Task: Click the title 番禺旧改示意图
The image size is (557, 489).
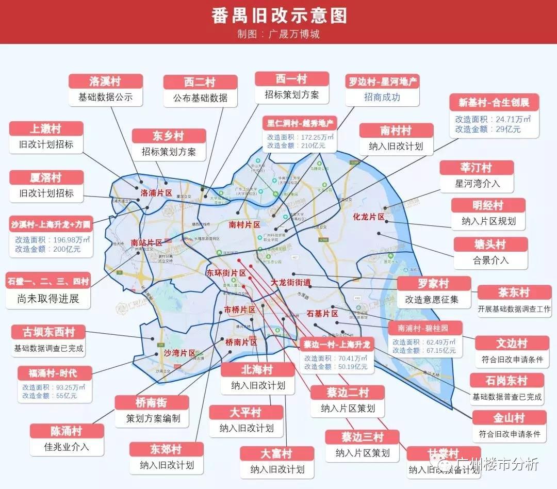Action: [x=278, y=15]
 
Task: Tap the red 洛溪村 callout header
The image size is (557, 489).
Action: [x=105, y=81]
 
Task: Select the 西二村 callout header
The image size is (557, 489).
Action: [x=200, y=83]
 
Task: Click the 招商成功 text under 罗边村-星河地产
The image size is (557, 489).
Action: [x=382, y=97]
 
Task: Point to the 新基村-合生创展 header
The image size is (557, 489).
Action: [x=494, y=102]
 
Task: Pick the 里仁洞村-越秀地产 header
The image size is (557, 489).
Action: [x=300, y=124]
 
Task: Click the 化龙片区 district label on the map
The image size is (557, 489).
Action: [x=369, y=217]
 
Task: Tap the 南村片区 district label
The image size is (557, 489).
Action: [x=244, y=225]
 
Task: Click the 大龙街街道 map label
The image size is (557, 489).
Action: [x=291, y=283]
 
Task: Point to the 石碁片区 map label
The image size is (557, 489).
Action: [x=322, y=314]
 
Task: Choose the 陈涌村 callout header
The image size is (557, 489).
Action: [x=67, y=431]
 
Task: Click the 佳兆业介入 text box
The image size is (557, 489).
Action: [x=67, y=447]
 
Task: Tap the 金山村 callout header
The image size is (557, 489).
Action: [x=509, y=418]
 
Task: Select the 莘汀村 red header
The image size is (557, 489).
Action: [x=477, y=168]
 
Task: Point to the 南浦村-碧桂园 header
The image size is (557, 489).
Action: [x=423, y=328]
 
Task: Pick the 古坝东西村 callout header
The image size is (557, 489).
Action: [x=49, y=332]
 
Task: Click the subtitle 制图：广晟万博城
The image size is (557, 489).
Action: [x=278, y=35]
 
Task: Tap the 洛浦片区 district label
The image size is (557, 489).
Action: [x=156, y=193]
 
